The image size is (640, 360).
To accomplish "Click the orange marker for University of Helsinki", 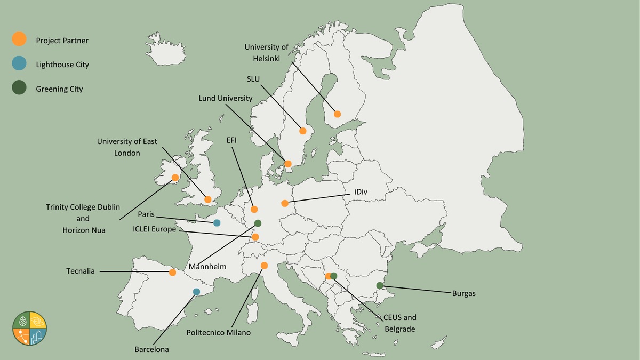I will tap(337, 114).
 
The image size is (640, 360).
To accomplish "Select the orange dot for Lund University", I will tap(288, 164).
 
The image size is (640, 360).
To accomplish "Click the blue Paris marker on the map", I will tap(217, 223).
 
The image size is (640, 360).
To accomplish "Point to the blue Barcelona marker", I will tap(196, 292).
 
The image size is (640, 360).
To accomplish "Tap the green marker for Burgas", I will tap(380, 285).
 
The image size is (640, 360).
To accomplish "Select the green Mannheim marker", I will tap(258, 223).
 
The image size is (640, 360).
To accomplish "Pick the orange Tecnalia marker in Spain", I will tap(172, 273).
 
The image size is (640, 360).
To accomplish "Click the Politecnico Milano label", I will tap(218, 332).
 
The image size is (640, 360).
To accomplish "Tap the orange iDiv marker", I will tap(285, 203).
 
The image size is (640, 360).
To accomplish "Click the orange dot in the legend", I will tap(19, 39).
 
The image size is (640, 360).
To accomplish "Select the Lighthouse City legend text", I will tap(62, 65).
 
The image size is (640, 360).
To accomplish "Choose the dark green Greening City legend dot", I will tap(19, 89).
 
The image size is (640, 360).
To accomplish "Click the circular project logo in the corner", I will tap(30, 329).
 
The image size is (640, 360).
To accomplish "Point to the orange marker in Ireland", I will tap(175, 177).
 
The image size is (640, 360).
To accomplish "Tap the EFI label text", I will tap(231, 140).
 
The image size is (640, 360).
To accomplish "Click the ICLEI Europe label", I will tap(155, 230).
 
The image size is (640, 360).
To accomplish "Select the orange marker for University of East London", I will tap(208, 199).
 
